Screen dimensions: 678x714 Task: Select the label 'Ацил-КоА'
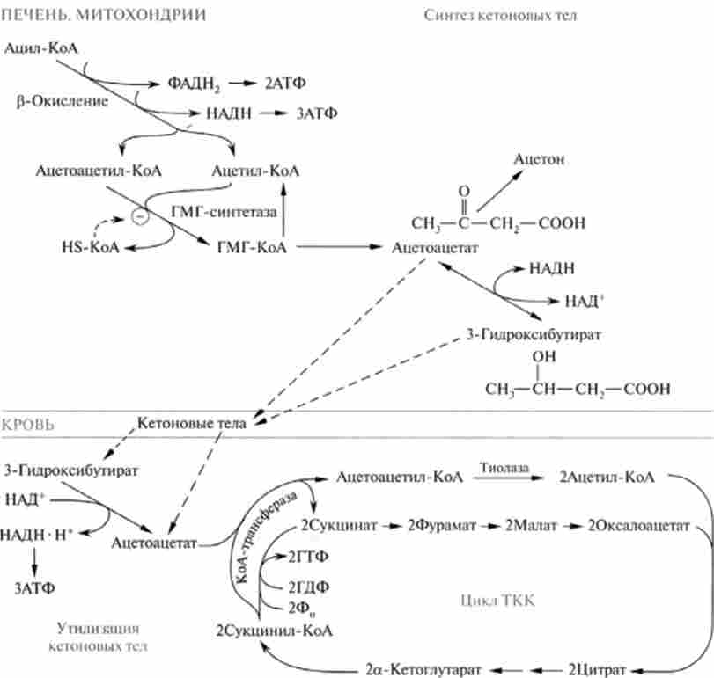42,49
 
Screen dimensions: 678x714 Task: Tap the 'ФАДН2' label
192,84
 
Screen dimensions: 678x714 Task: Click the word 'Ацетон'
539,159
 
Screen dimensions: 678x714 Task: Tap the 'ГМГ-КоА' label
252,248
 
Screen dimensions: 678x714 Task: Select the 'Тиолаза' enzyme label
504,468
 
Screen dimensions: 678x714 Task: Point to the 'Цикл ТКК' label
497,601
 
